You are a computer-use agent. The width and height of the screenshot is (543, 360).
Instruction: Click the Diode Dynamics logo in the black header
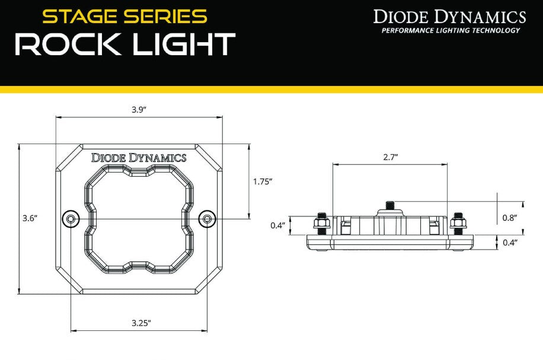pyautogui.click(x=449, y=16)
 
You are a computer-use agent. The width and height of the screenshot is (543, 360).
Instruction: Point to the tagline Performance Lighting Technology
pyautogui.click(x=451, y=30)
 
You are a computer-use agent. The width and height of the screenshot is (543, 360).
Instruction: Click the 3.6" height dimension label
pyautogui.click(x=30, y=218)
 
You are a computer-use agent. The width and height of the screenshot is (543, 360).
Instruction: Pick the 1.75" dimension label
pyautogui.click(x=262, y=181)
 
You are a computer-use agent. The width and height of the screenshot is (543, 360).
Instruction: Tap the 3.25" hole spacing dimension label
pyautogui.click(x=141, y=323)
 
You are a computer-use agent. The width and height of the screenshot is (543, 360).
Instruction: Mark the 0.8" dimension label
pyautogui.click(x=509, y=218)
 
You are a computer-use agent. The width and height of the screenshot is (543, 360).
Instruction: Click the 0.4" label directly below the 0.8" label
pyautogui.click(x=509, y=242)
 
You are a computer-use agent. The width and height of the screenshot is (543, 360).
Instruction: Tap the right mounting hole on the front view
pyautogui.click(x=207, y=219)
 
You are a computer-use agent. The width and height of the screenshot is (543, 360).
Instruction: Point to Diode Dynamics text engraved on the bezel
pyautogui.click(x=139, y=158)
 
